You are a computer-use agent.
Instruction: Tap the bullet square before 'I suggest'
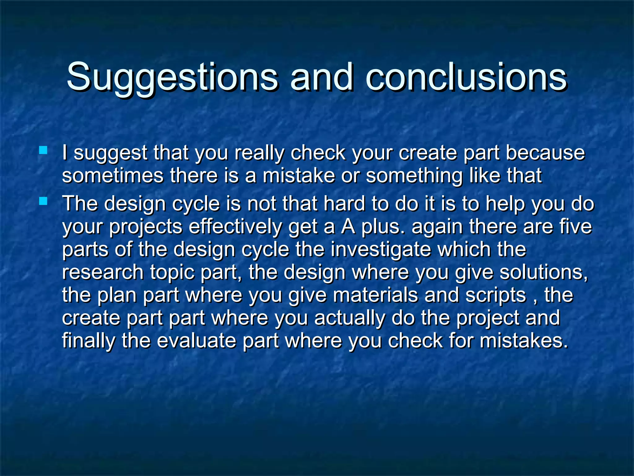43,151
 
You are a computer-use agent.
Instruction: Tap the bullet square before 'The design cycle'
43,202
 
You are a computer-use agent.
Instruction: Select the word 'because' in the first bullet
545,153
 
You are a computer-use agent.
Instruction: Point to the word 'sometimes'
113,175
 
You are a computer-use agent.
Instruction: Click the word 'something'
414,176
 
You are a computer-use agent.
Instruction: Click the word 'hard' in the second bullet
344,204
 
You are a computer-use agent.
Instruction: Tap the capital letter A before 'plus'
348,227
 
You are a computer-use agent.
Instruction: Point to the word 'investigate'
380,250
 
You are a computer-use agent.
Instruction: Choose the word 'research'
103,272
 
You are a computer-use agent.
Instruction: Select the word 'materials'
376,295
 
